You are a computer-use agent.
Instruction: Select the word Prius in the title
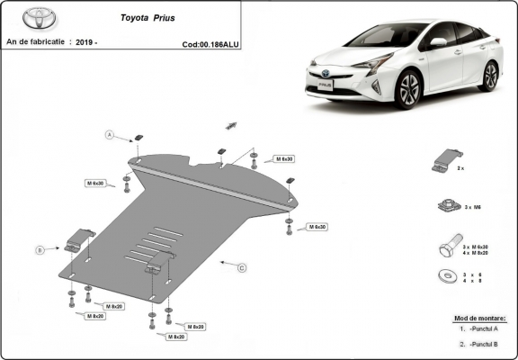point(174,17)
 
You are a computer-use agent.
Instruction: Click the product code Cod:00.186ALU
point(210,43)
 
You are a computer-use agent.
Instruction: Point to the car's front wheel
point(409,91)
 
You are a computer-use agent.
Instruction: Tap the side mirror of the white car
point(438,42)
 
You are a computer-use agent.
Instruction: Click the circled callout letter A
point(110,135)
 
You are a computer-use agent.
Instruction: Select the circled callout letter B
point(40,249)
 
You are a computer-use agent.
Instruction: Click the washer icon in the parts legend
point(443,275)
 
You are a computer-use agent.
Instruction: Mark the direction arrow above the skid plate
point(231,123)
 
